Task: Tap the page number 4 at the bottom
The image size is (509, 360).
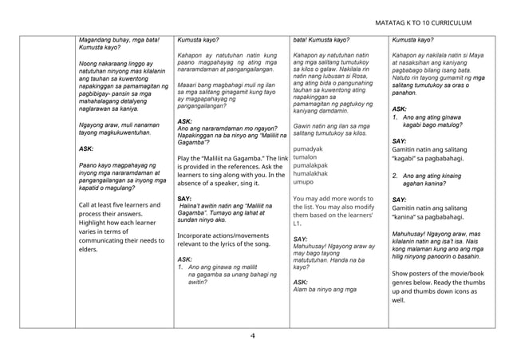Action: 252,336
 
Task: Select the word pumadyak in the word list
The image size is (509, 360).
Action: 309,148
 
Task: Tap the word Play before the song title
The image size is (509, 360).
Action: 184,158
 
